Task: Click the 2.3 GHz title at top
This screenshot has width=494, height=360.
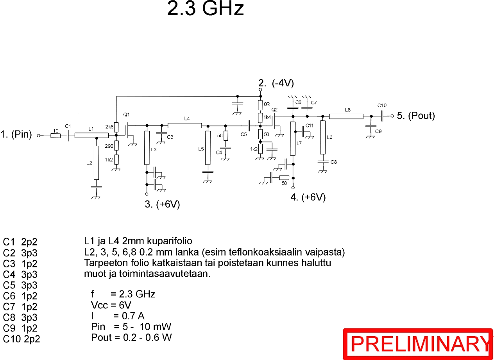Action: tap(205, 9)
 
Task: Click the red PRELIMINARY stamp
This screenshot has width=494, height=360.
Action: tap(418, 344)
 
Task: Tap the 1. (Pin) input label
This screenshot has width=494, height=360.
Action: tap(16, 134)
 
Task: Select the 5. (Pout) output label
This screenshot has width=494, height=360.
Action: tap(416, 116)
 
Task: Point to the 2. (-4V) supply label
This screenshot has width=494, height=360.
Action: tap(276, 83)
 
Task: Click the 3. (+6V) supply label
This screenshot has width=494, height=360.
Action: tap(162, 204)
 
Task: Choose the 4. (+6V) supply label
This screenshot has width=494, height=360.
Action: tap(308, 197)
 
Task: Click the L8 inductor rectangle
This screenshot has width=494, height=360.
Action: tap(346, 116)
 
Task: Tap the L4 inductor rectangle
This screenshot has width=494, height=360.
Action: tap(184, 125)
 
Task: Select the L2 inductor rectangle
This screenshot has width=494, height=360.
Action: tap(97, 163)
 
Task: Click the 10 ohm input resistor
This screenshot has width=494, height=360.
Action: tap(55, 136)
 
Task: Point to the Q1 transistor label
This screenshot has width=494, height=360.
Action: tap(126, 115)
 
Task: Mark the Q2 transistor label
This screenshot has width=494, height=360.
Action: tap(275, 109)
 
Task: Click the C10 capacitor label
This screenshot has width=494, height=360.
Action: tap(382, 106)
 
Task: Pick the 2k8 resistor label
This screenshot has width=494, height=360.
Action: tap(109, 127)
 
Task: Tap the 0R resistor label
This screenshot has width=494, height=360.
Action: tap(267, 104)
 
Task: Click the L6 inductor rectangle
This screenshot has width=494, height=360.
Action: tap(323, 138)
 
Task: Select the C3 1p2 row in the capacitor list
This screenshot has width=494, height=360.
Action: tap(20, 263)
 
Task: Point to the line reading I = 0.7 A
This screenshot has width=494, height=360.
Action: tap(118, 316)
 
